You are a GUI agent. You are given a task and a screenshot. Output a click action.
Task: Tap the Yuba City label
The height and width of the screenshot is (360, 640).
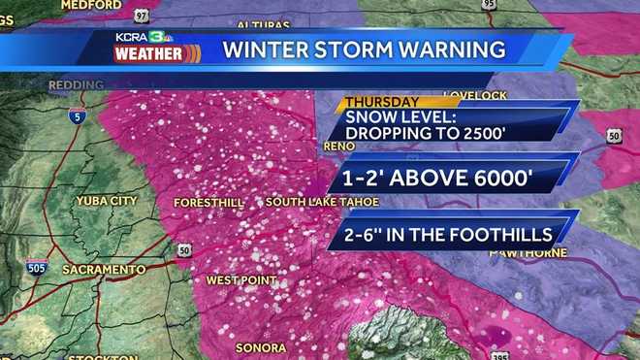coord(106,201)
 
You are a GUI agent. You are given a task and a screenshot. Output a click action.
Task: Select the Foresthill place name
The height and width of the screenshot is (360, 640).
coord(206,203)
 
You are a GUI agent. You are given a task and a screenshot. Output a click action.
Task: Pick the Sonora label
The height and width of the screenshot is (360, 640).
coord(260,347)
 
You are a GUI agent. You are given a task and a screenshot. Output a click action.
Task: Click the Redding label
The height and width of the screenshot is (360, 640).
coord(76,85)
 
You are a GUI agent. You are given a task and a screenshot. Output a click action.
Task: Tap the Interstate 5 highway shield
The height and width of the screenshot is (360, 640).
coord(77,117)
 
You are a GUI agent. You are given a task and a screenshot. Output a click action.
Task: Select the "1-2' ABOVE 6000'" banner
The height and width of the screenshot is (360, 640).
coord(442,178)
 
